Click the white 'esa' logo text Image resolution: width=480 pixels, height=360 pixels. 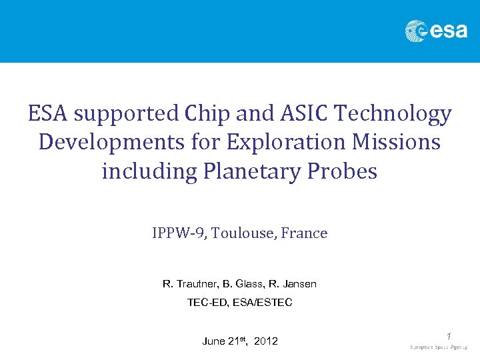[448, 31]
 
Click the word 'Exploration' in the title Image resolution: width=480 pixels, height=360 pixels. [291, 143]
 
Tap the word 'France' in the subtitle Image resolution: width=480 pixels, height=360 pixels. [304, 233]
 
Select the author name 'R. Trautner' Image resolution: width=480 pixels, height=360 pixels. [189, 284]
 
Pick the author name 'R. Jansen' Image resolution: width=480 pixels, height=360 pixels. [295, 284]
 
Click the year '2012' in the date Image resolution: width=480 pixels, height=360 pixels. [266, 341]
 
